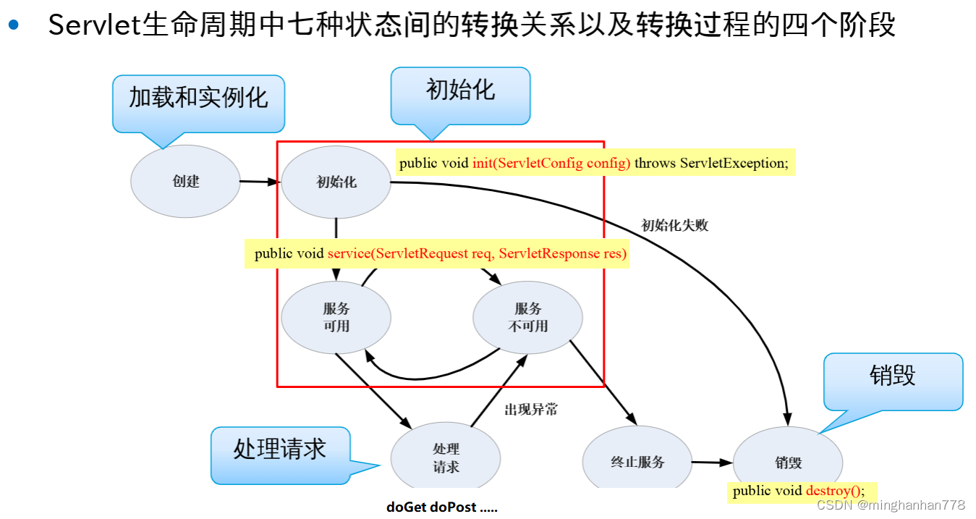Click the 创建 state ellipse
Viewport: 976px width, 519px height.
(185, 181)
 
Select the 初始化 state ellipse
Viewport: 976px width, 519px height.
(336, 182)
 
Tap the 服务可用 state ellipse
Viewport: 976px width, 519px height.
(336, 317)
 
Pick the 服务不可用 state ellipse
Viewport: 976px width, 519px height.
(527, 317)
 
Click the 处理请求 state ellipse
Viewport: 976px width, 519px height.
(446, 458)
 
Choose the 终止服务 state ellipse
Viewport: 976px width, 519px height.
(637, 461)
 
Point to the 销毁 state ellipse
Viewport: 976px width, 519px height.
(788, 463)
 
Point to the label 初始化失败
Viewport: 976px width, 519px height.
(674, 225)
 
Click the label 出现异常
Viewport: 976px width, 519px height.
(531, 409)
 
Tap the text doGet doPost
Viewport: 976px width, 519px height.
(441, 507)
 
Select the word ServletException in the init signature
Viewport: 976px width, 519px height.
(734, 163)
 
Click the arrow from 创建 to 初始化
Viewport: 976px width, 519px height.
(260, 182)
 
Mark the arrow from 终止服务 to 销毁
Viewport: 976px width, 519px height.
(712, 462)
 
